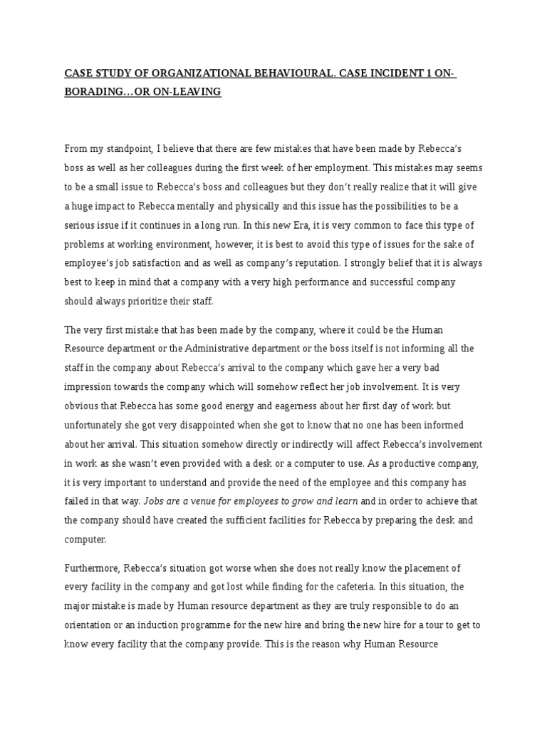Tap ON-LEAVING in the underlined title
pyautogui.click(x=187, y=92)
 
